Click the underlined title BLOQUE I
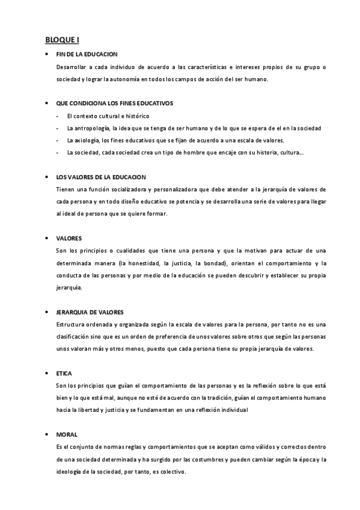[62, 40]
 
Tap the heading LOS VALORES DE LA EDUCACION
[100, 177]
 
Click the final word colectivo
[174, 472]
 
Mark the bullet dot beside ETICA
[47, 373]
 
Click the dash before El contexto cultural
[56, 116]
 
